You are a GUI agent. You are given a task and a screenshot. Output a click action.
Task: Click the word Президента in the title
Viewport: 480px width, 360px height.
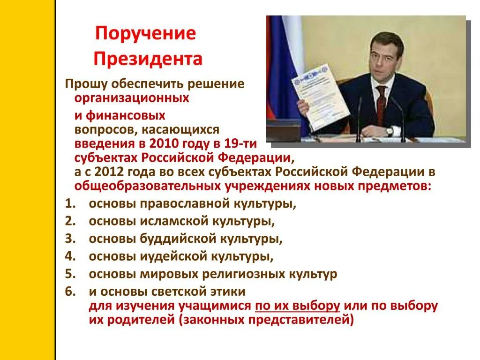(148, 59)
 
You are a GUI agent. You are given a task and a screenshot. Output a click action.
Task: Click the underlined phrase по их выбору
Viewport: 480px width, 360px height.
(297, 306)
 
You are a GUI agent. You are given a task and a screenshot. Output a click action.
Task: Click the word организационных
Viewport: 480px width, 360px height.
(132, 98)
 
